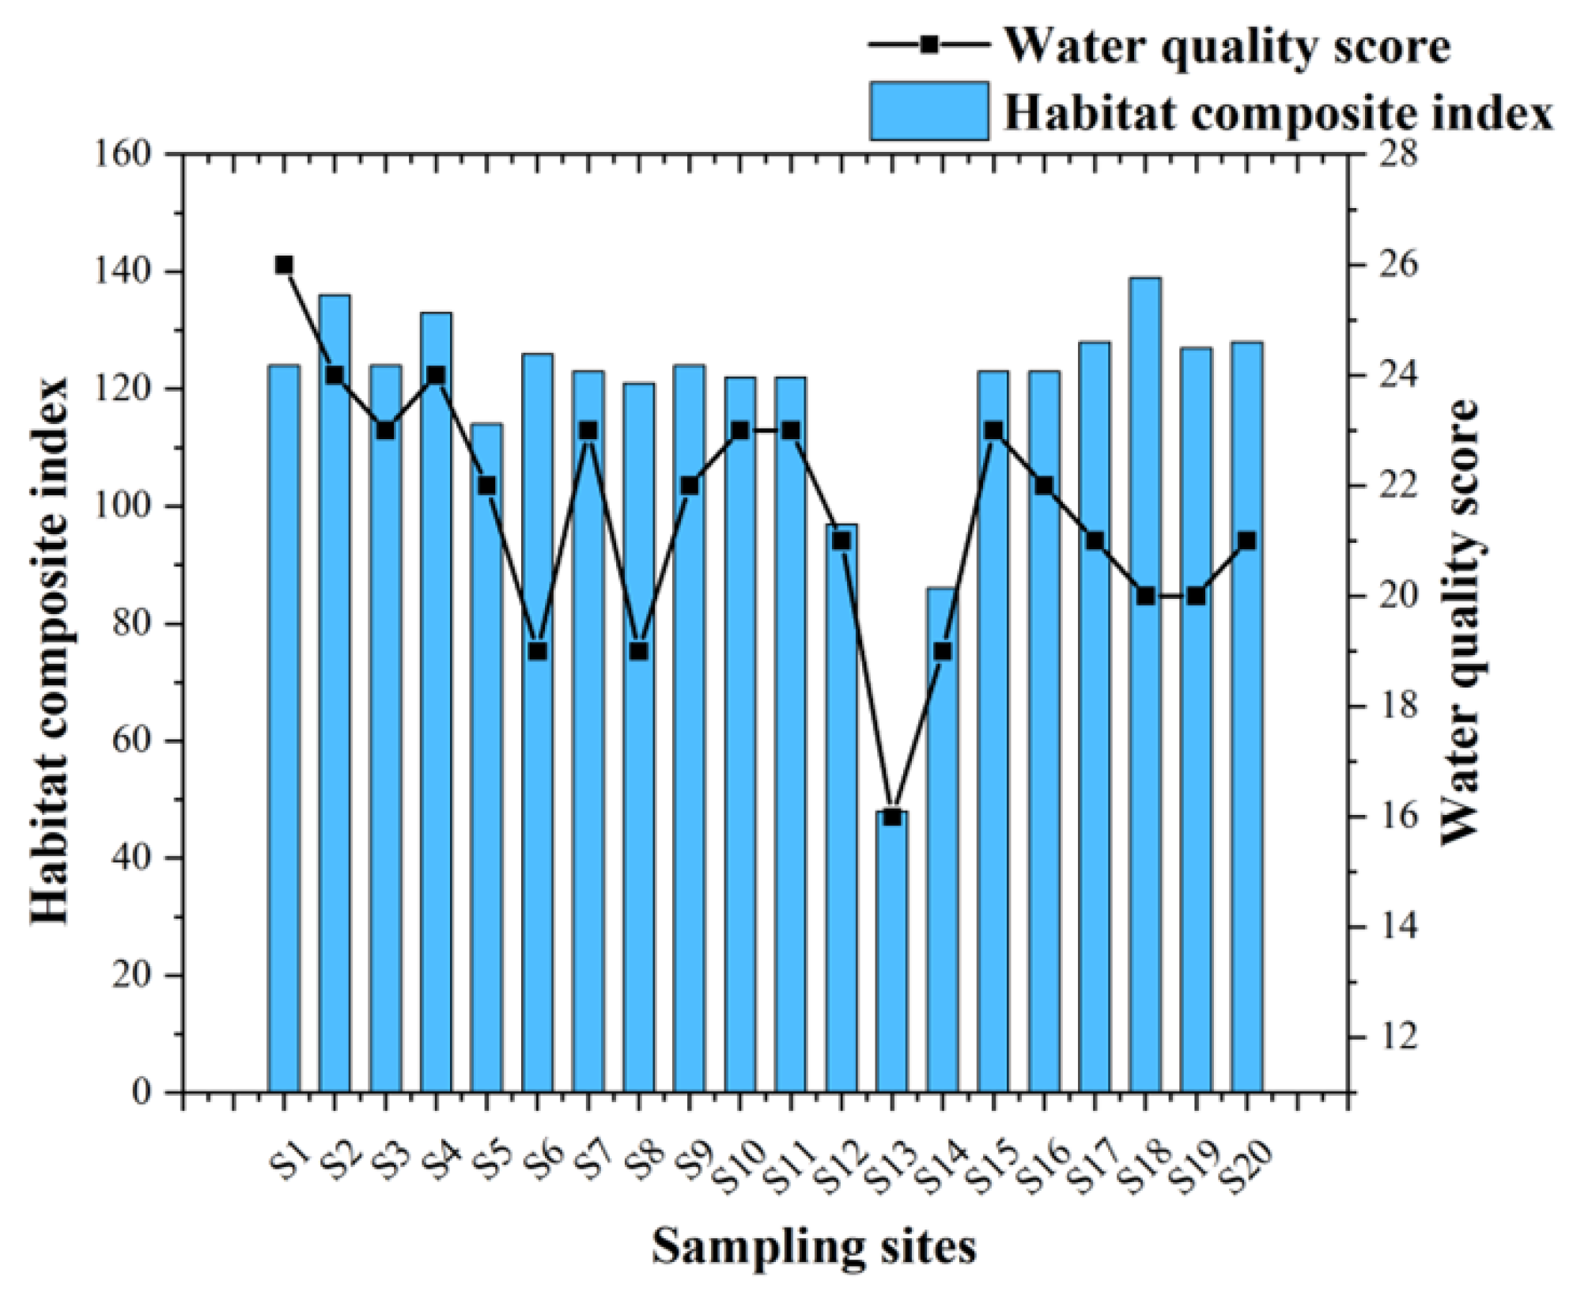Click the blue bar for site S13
[892, 949]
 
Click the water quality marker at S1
[284, 265]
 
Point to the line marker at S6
[538, 651]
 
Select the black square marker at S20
[1247, 541]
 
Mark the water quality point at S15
[993, 430]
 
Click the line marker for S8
[639, 651]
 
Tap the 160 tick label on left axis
[122, 154]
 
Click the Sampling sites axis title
[814, 1247]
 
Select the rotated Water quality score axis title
[1460, 621]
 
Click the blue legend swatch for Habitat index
[928, 111]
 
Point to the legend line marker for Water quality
[929, 44]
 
